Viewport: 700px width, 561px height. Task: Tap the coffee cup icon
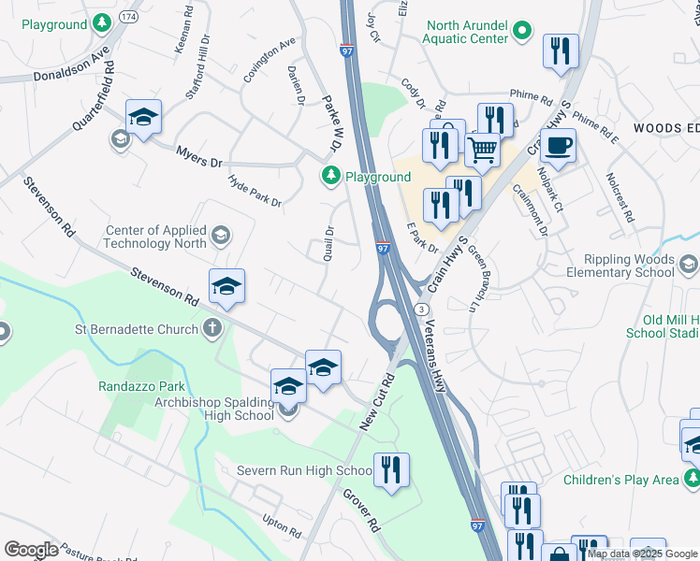point(558,146)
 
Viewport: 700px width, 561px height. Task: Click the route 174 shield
point(128,17)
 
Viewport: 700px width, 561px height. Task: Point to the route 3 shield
point(423,309)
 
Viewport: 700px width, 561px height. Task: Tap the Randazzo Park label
point(142,386)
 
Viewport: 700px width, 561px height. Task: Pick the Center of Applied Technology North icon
point(220,235)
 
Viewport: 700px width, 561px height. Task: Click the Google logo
point(31,550)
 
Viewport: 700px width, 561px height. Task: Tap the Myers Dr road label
point(199,156)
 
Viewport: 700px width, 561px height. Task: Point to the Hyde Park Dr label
point(255,189)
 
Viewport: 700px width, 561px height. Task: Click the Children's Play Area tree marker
point(691,480)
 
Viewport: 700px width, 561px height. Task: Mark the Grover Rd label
point(358,507)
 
